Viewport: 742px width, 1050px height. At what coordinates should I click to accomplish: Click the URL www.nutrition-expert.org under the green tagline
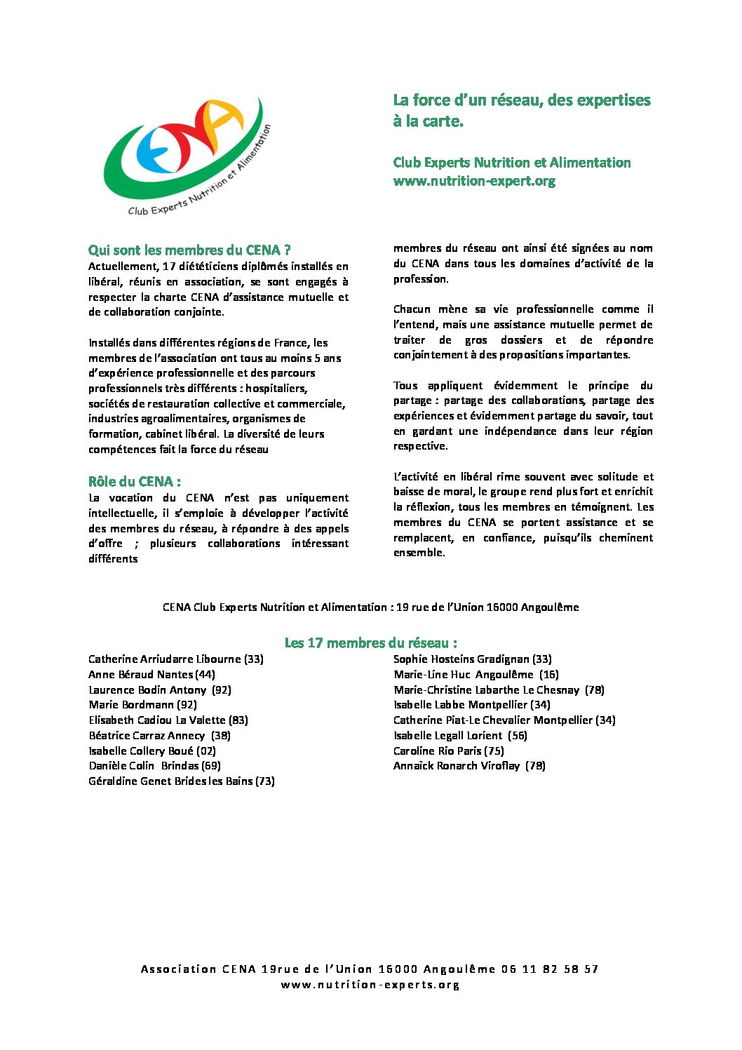[x=474, y=181]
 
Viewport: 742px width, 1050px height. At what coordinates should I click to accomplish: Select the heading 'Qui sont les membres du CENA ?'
[x=189, y=250]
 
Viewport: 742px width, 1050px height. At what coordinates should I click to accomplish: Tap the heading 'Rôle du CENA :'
[x=135, y=481]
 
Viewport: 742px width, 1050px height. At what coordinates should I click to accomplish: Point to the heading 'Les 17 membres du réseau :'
[x=371, y=642]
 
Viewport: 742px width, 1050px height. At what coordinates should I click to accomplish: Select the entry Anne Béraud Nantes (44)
[x=151, y=675]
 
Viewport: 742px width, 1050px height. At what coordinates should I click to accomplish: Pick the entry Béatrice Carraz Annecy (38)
[x=159, y=736]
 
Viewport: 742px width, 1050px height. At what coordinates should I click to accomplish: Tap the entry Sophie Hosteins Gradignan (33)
[x=472, y=659]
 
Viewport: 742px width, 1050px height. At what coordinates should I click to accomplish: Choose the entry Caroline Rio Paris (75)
[x=448, y=751]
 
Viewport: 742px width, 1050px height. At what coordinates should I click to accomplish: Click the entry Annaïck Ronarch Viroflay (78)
[x=468, y=766]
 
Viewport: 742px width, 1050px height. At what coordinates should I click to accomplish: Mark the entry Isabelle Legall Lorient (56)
[x=460, y=736]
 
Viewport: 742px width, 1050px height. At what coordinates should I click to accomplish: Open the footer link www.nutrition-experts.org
[x=370, y=985]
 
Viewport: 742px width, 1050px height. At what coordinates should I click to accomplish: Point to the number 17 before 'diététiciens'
[x=168, y=267]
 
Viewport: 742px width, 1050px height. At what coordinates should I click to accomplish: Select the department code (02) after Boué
[x=206, y=751]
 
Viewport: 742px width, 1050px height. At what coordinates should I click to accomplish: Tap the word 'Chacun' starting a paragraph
[x=412, y=309]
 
